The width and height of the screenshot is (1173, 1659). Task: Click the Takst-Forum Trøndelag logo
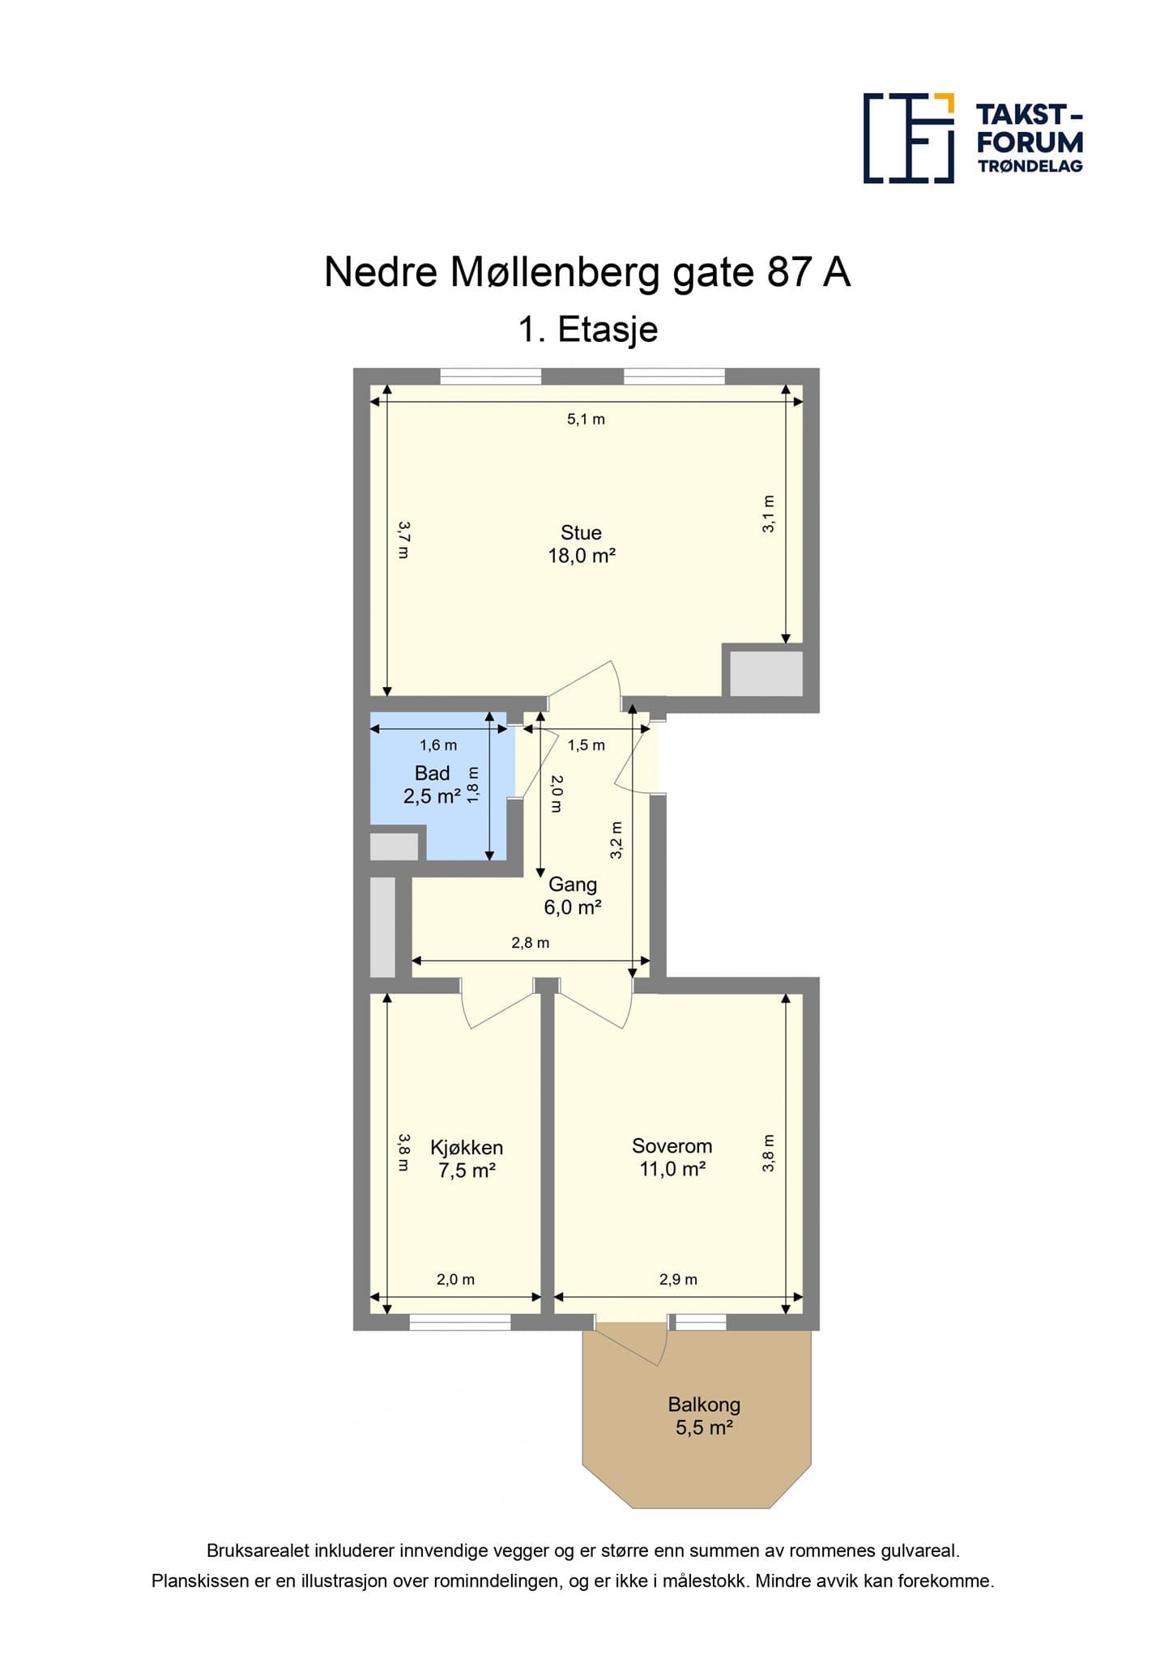(973, 139)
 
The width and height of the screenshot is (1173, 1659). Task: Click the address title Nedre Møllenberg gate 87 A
(587, 272)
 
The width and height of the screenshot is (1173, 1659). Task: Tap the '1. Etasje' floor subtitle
(587, 330)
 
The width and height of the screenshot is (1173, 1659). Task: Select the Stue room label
(582, 544)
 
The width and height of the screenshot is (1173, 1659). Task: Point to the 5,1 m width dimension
(586, 420)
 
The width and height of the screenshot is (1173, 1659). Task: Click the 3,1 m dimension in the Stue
(769, 514)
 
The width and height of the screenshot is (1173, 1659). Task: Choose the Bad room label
(432, 784)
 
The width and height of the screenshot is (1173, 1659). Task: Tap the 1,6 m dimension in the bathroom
(437, 745)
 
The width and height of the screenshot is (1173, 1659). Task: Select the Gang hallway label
(573, 896)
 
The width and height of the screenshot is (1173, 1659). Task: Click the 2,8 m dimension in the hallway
(530, 943)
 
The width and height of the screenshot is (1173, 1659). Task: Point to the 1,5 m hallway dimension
(586, 745)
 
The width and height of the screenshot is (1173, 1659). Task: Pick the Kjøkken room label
(467, 1158)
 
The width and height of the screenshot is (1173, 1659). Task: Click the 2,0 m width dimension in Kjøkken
(455, 1280)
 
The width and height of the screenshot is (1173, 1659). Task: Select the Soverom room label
(672, 1157)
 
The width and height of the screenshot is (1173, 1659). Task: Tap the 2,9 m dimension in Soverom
(678, 1280)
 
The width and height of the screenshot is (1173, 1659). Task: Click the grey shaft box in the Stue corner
(766, 673)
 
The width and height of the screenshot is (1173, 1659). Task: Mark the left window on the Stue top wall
(491, 376)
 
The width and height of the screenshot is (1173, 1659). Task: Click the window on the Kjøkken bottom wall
(460, 1322)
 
